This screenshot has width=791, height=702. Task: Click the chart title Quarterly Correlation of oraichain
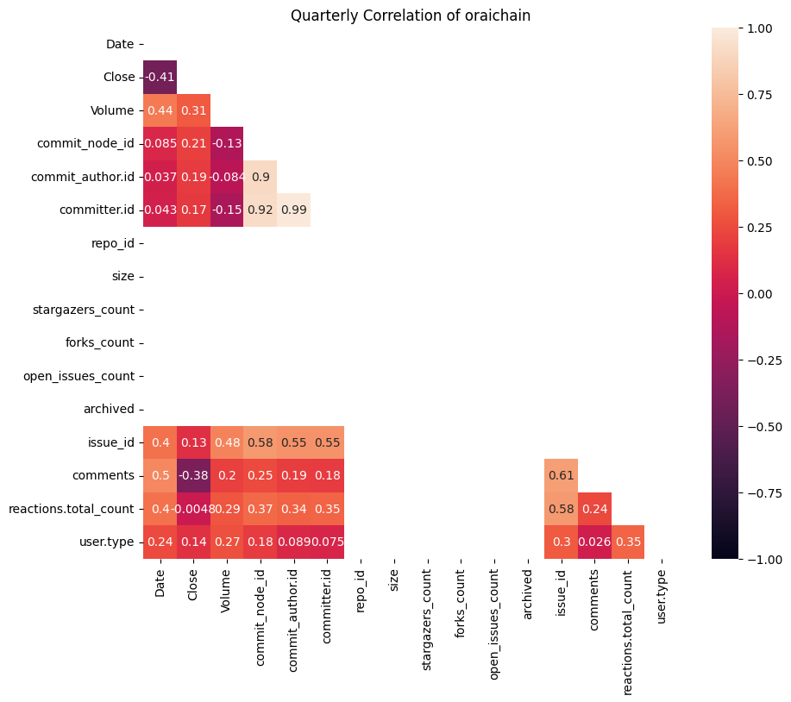(410, 16)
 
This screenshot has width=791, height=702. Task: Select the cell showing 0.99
(293, 210)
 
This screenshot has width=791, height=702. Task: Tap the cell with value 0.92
(260, 210)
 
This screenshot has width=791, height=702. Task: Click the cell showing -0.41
(160, 77)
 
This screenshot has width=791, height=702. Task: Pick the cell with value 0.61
(561, 476)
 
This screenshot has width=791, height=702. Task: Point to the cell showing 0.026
(594, 542)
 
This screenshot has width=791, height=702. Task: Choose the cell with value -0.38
(193, 476)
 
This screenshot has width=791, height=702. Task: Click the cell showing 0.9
(260, 177)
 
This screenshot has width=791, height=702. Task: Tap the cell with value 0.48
(227, 442)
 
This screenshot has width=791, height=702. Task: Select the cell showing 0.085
(160, 143)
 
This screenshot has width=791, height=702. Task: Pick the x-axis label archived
(528, 592)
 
